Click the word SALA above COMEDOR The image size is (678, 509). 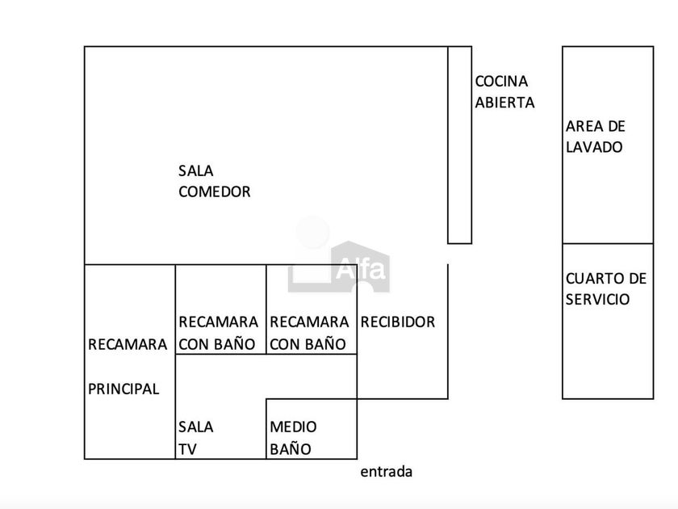pos(196,170)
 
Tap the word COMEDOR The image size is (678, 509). pos(215,191)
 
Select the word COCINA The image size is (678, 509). pos(501,82)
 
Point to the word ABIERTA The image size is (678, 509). pos(505,103)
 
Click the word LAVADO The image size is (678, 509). pos(594,147)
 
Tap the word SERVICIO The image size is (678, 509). pos(597,300)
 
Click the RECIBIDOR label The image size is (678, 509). pos(398,322)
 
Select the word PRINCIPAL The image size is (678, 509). pos(123,389)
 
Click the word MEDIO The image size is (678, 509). pos(293,427)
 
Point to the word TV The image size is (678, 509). pos(187,449)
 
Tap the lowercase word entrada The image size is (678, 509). pos(386,472)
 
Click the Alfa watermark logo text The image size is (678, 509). pos(361,269)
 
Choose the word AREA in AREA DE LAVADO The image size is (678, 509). pos(581,126)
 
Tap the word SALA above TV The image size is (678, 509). pos(196,427)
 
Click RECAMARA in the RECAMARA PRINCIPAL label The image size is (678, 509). pos(128,344)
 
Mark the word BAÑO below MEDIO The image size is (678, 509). pos(291,449)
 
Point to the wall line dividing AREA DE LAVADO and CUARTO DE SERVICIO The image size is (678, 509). pos(608,244)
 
